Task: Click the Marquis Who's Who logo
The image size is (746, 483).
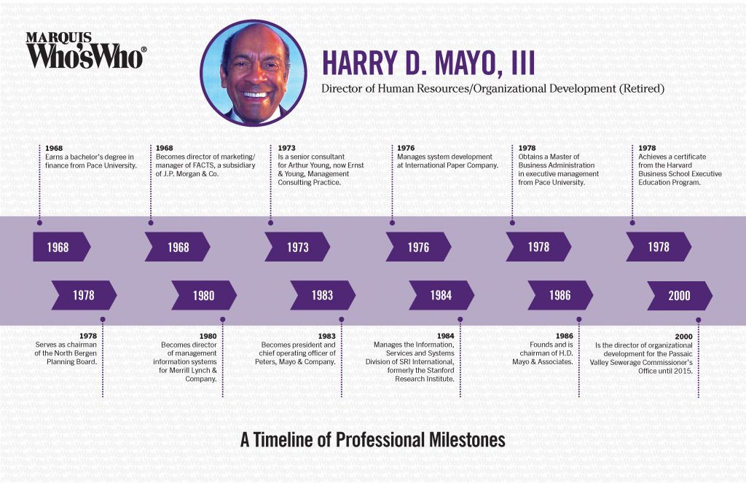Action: tap(86, 50)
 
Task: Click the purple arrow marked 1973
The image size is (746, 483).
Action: tap(297, 247)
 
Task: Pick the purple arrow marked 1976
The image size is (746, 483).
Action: tap(418, 247)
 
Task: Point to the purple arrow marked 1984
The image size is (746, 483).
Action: tap(441, 296)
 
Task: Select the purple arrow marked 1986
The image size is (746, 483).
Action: tap(559, 296)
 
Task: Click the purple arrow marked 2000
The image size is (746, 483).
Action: tap(680, 296)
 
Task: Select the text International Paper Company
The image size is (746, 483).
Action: tap(452, 165)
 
